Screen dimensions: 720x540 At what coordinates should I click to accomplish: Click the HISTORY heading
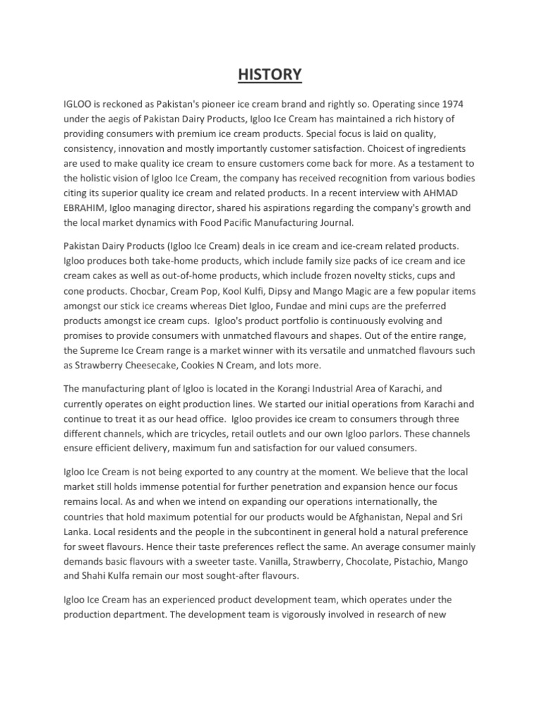(x=270, y=74)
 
